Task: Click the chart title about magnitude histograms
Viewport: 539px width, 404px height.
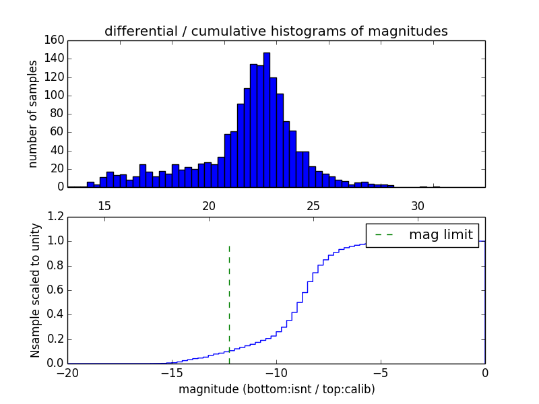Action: click(x=276, y=31)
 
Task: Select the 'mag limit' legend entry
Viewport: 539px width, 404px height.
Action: click(x=441, y=235)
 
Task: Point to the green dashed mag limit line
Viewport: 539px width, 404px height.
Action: click(x=229, y=296)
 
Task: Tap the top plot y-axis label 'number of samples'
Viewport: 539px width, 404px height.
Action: click(x=32, y=113)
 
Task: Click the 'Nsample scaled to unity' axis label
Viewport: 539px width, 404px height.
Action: click(x=35, y=290)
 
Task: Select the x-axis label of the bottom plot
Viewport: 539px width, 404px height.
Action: click(x=276, y=389)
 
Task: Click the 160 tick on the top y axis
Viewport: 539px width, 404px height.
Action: click(x=55, y=40)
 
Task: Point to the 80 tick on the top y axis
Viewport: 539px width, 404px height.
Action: click(x=58, y=114)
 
